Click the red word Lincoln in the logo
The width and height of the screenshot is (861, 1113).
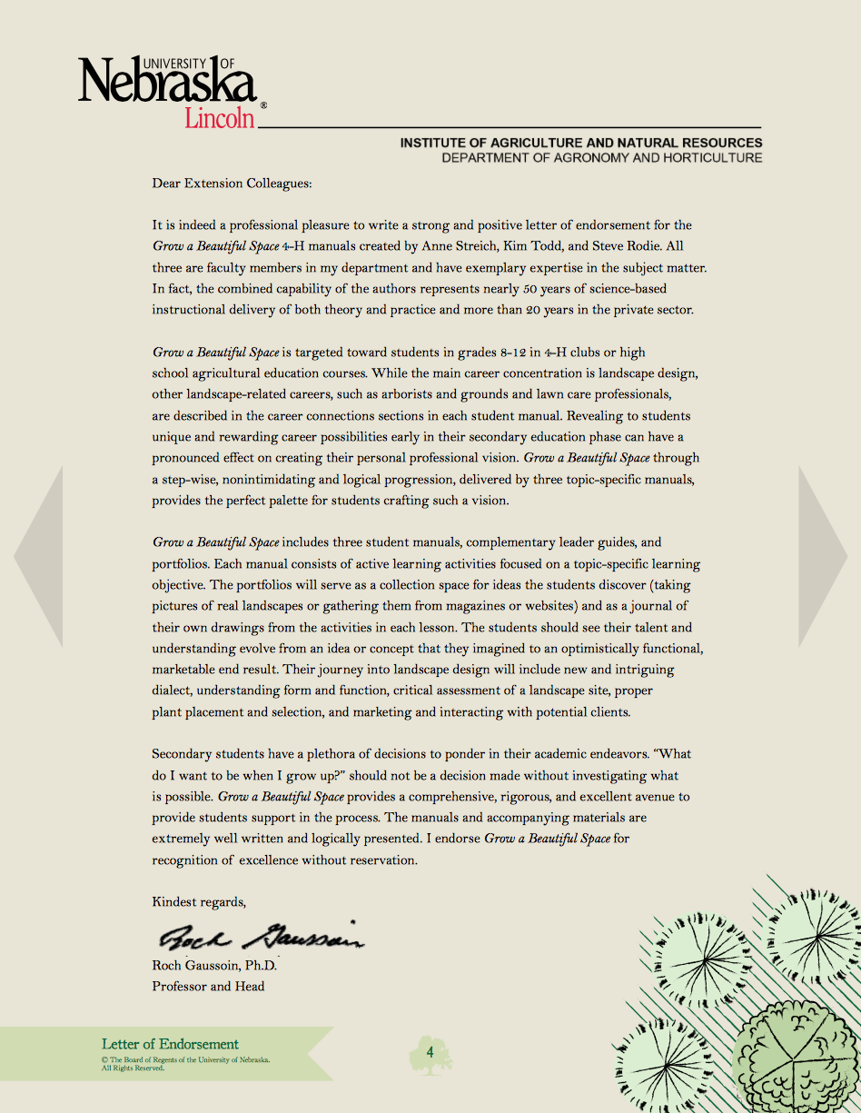[220, 117]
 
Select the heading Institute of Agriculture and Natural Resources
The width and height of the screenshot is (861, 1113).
[581, 143]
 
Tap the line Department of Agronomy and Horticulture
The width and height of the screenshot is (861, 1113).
[601, 158]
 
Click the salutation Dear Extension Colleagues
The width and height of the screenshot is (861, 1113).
[232, 184]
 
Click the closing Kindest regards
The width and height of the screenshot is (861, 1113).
[199, 902]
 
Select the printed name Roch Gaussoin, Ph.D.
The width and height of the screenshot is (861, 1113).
[214, 966]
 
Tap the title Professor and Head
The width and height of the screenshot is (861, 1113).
[208, 986]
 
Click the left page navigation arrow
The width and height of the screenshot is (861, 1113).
[37, 556]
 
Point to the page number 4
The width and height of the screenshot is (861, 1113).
[430, 1052]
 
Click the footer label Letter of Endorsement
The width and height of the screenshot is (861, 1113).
[170, 1044]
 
